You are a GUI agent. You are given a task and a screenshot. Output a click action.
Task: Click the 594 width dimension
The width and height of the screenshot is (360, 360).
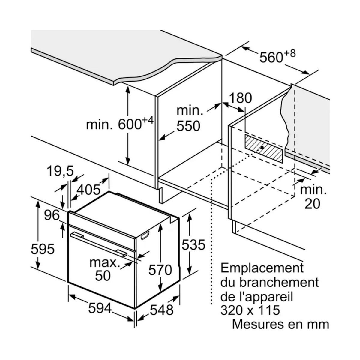[x=100, y=308]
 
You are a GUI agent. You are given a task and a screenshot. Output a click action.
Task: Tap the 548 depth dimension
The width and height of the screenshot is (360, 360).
[x=162, y=310]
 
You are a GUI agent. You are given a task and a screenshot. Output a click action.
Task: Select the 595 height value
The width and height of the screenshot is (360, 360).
[x=43, y=249]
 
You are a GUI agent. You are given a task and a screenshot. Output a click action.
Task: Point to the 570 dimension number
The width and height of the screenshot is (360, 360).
[x=160, y=270]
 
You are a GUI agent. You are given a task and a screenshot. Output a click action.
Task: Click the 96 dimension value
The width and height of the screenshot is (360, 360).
[x=51, y=215]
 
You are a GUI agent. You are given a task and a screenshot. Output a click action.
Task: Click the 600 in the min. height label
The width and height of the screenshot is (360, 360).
[x=130, y=124]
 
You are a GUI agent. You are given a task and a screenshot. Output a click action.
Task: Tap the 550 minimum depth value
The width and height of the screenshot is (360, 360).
[x=188, y=126]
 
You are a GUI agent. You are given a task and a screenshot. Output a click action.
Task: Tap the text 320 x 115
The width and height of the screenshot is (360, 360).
[x=250, y=310]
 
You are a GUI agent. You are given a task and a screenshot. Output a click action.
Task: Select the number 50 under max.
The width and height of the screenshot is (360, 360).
[x=103, y=276]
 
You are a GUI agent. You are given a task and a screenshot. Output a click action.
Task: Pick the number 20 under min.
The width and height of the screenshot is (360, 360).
[x=312, y=204]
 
